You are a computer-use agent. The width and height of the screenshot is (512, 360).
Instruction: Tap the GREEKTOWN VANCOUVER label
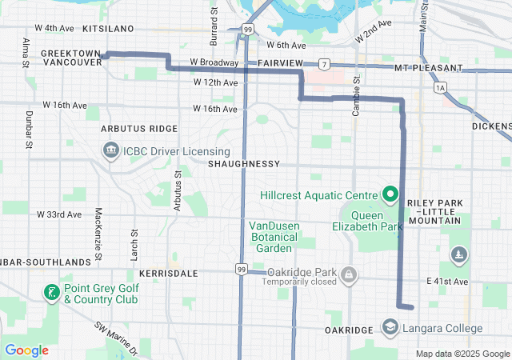70,57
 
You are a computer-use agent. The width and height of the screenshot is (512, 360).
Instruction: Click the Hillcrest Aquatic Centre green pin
390,194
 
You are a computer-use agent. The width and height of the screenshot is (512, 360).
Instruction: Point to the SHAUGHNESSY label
243,164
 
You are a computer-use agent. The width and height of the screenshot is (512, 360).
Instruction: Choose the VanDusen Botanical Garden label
274,237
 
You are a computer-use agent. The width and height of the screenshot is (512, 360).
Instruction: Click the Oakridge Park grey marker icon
349,276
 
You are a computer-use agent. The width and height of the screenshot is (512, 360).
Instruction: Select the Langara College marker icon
390,328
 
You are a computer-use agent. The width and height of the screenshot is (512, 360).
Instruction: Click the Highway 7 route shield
323,62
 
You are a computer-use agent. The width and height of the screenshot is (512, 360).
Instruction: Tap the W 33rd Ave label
59,214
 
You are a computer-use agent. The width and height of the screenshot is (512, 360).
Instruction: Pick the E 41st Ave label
447,282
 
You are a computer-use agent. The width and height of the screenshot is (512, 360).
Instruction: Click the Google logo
27,350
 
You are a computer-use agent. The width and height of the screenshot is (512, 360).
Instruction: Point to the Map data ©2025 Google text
462,354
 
